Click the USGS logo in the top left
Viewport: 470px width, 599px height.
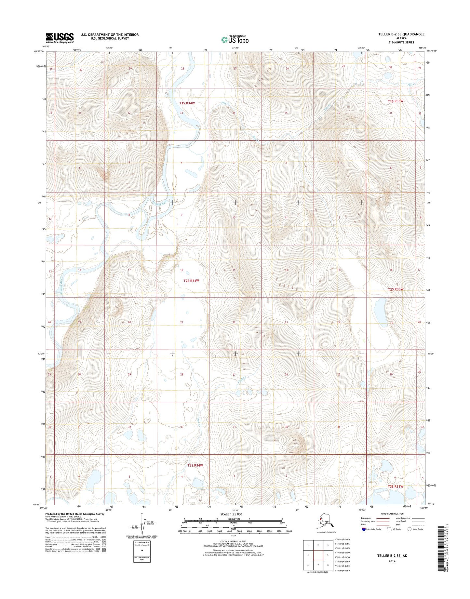click(60, 38)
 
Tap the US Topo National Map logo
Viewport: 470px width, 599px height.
click(235, 39)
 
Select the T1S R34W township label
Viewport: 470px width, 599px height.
click(187, 103)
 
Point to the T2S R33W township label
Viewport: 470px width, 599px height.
click(395, 289)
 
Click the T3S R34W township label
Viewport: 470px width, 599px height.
click(195, 465)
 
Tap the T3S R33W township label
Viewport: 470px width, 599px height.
click(395, 486)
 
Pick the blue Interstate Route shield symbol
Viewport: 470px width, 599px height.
click(363, 529)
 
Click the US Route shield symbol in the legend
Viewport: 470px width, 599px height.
click(388, 529)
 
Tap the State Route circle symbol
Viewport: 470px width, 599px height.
click(409, 529)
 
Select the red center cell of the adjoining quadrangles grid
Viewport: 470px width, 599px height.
click(318, 555)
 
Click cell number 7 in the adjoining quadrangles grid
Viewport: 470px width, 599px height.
click(318, 565)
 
